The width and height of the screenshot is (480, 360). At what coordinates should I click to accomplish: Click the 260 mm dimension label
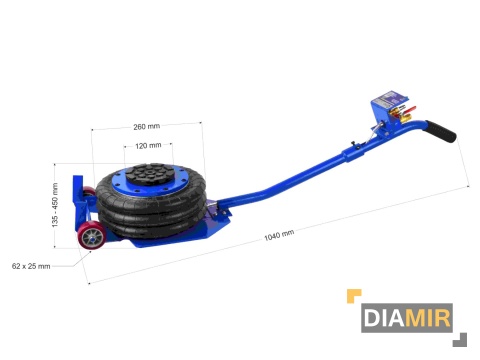click(146, 127)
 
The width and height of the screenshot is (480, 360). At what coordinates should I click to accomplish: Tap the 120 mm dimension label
click(148, 146)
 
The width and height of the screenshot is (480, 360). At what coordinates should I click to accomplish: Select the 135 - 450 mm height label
click(55, 205)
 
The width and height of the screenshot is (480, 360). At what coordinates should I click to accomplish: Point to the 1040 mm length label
click(279, 235)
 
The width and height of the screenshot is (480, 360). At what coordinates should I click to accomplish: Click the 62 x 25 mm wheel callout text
click(31, 266)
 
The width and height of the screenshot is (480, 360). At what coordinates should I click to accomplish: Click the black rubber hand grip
click(440, 131)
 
